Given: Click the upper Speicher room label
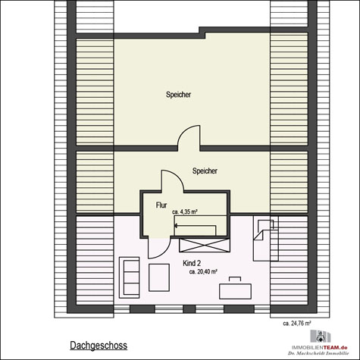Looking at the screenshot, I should click(x=179, y=95).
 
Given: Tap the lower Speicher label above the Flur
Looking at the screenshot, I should click(x=205, y=171).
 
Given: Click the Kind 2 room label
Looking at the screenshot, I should click(x=193, y=262).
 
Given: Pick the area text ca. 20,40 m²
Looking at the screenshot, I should click(x=204, y=271).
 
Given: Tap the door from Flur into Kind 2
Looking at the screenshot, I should click(x=156, y=246).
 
